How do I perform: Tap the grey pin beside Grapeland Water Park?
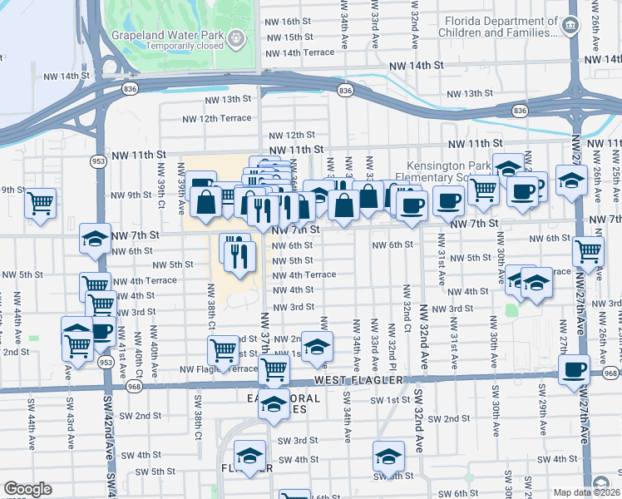[x=238, y=37]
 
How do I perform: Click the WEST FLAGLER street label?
[x=358, y=380]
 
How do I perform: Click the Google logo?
[x=27, y=489]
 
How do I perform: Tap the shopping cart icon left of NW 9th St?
[x=40, y=202]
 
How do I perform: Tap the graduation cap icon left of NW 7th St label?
[x=96, y=238]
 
